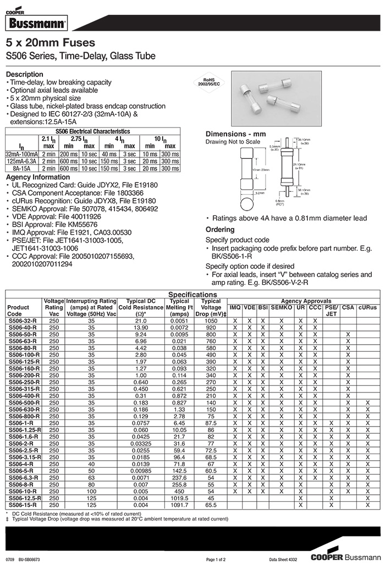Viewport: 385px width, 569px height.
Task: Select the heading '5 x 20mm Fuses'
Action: point(50,43)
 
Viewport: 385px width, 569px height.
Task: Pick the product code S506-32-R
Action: point(23,320)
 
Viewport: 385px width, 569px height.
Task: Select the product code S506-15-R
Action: point(23,505)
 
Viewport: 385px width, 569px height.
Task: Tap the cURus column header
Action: point(367,307)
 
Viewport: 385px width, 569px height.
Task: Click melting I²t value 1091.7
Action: point(179,505)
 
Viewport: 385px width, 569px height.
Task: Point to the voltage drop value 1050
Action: point(211,320)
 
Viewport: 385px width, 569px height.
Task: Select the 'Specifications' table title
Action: point(193,295)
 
